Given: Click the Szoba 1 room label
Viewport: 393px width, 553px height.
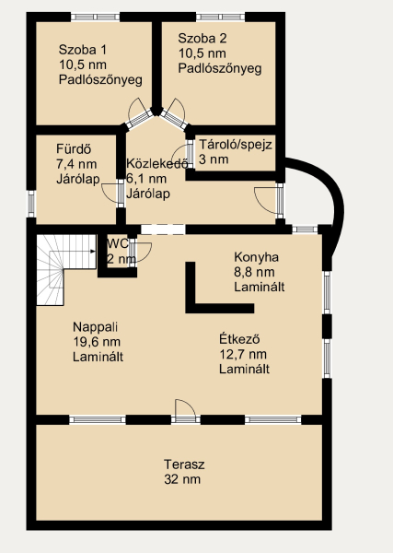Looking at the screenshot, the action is pos(83,50).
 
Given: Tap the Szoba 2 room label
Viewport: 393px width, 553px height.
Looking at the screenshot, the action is pos(202,38).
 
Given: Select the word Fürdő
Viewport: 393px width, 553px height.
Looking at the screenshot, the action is pos(74,149).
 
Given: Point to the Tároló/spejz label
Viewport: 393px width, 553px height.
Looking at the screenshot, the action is pos(236,145).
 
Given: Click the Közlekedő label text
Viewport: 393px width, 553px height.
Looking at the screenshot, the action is pos(156,164).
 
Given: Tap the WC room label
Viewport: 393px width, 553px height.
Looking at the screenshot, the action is pos(118,243).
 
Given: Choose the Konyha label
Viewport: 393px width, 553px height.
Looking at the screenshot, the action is pos(257,257).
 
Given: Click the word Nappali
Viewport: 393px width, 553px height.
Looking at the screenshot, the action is pos(95,327).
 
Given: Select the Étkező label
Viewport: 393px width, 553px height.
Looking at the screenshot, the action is pos(239,339).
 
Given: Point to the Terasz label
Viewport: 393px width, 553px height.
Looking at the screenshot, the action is pos(184,465).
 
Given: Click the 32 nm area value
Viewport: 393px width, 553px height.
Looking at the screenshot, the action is pos(182,479).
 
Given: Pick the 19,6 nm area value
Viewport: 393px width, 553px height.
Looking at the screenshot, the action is pos(97,342).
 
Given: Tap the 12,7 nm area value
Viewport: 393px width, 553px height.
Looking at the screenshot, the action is pos(243,354).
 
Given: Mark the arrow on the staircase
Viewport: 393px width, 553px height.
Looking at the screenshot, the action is pos(72,252).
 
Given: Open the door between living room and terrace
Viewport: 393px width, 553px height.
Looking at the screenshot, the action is pos(185,411).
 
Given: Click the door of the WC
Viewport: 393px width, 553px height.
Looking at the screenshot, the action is pos(140,251).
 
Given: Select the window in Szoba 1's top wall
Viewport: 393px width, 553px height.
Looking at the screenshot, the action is pos(95,17).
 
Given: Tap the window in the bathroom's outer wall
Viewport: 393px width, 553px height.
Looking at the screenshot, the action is pos(31,204).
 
